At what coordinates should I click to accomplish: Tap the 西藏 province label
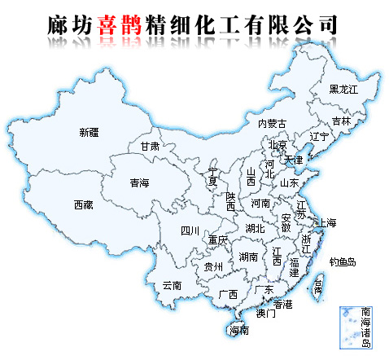click(x=83, y=204)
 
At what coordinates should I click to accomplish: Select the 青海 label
click(x=139, y=184)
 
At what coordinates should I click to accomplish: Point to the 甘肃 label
click(x=149, y=147)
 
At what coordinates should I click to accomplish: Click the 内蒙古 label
click(x=272, y=124)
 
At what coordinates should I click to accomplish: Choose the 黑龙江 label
click(x=343, y=89)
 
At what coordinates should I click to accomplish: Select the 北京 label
click(x=278, y=146)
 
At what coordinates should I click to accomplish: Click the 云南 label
click(x=172, y=285)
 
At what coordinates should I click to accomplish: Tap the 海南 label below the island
click(x=238, y=330)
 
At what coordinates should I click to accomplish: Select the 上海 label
click(x=328, y=222)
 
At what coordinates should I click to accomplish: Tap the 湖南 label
click(x=248, y=257)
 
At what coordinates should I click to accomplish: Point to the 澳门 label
click(x=266, y=313)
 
